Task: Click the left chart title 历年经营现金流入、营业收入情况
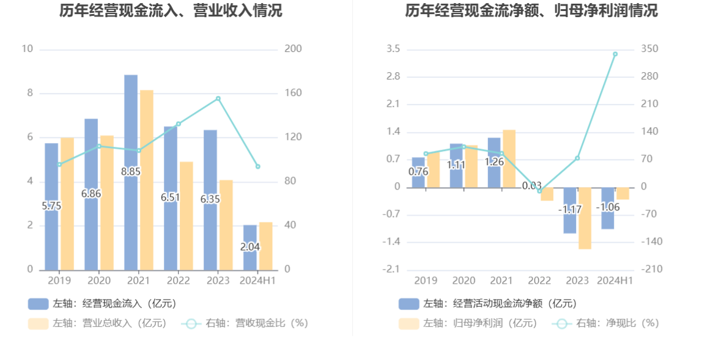tap(171, 11)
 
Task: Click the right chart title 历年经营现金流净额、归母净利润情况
tap(531, 11)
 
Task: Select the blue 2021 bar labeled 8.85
tap(131, 122)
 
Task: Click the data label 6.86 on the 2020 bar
tap(91, 194)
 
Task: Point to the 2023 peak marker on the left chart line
tap(218, 98)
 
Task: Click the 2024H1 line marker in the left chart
tap(257, 166)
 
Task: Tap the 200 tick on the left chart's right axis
tap(294, 49)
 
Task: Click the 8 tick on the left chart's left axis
tap(29, 94)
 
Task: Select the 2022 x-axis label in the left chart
tap(179, 281)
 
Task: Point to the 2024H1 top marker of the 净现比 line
tap(615, 54)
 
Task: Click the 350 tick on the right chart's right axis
tap(649, 49)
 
